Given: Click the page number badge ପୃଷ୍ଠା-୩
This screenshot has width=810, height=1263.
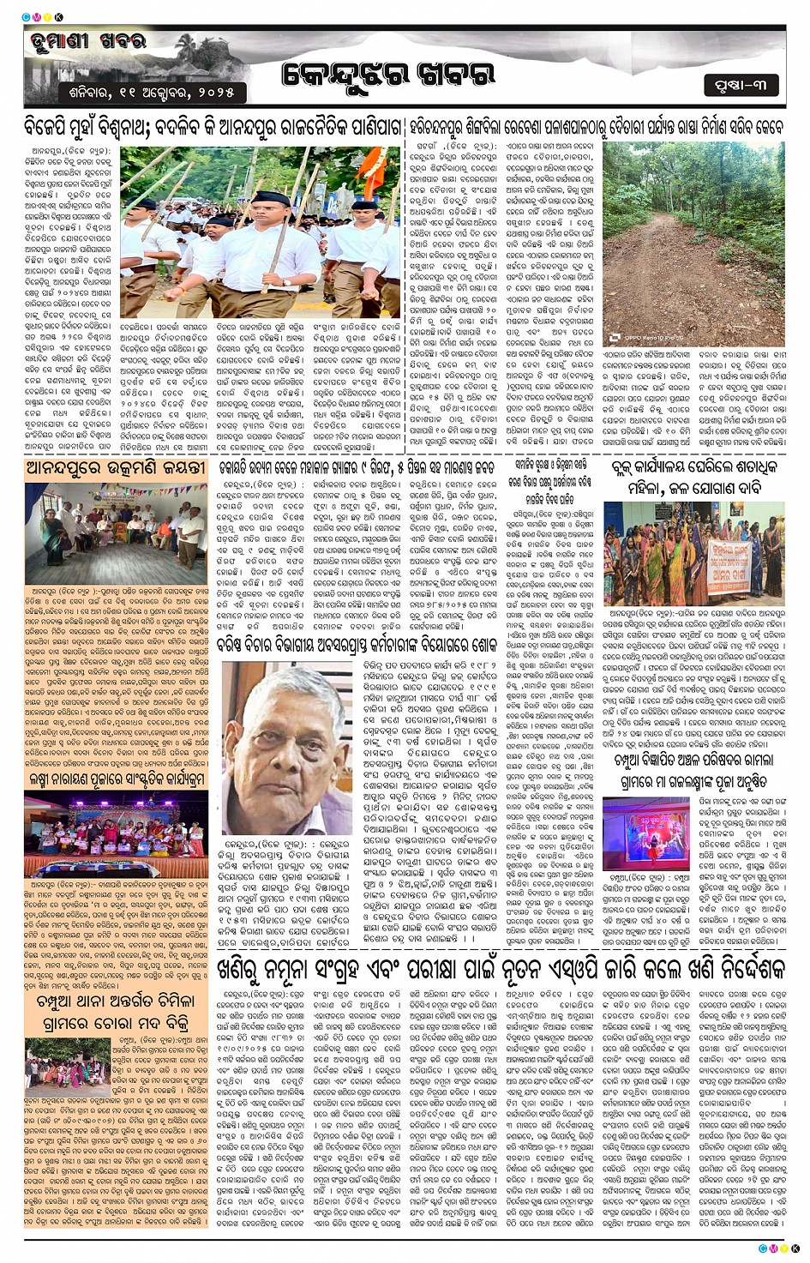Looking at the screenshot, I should (741, 84).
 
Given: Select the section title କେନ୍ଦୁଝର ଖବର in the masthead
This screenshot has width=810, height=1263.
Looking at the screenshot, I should (387, 75).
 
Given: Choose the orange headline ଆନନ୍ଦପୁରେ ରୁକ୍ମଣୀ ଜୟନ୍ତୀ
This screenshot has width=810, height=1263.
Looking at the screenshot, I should (117, 468).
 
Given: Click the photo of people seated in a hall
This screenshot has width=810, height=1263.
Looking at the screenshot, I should (117, 531).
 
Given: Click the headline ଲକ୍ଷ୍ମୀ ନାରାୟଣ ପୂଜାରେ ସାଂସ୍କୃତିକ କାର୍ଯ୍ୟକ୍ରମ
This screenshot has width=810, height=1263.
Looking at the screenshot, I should (117, 779).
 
